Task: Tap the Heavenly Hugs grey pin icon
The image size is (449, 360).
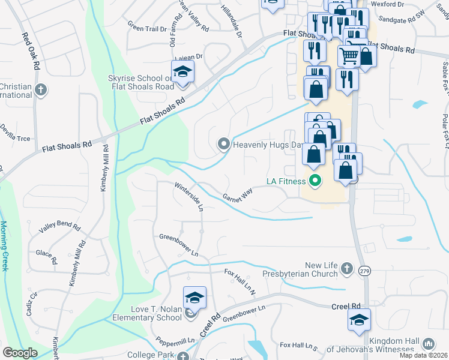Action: point(223,144)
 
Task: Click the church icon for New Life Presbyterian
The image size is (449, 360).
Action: point(346,269)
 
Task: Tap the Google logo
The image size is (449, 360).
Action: point(20,352)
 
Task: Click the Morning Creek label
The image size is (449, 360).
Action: point(4,245)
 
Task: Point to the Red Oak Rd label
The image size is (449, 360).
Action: point(29,50)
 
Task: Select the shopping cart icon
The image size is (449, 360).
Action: point(349,56)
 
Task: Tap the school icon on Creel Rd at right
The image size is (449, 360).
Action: point(359,320)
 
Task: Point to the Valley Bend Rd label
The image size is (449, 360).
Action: point(59,226)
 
